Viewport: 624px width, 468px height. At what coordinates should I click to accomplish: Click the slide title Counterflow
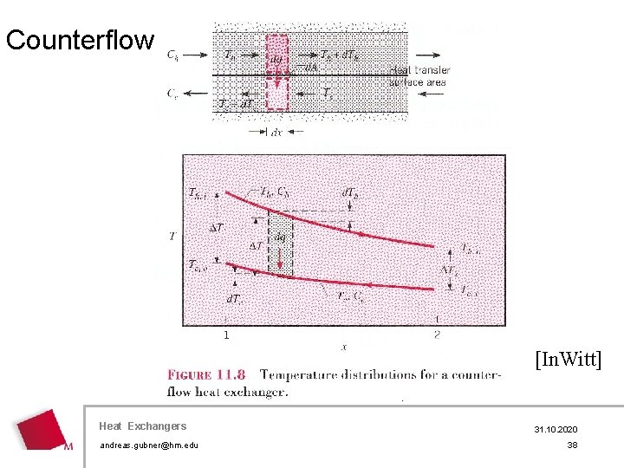[x=80, y=40]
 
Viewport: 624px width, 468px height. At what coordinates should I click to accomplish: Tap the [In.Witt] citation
[x=568, y=359]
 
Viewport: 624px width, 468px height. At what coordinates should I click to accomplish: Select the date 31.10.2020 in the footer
[x=555, y=430]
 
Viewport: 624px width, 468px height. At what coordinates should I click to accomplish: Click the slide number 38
[x=572, y=445]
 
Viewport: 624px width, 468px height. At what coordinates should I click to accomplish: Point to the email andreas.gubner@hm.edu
[x=149, y=445]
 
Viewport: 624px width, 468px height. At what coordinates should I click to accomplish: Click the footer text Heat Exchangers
[x=142, y=426]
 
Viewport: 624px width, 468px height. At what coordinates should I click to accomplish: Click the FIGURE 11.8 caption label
[x=205, y=375]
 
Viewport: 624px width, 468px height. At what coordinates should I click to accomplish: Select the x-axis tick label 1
[x=226, y=334]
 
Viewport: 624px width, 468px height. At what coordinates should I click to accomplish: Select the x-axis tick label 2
[x=437, y=334]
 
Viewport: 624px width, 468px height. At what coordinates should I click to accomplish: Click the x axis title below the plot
[x=343, y=347]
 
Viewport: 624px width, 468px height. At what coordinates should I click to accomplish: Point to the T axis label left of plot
[x=172, y=235]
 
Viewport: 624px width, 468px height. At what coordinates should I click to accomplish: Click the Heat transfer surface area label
[x=419, y=76]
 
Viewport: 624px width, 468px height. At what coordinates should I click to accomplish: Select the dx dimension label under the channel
[x=276, y=133]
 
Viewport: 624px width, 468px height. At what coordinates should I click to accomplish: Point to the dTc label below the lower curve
[x=234, y=299]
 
